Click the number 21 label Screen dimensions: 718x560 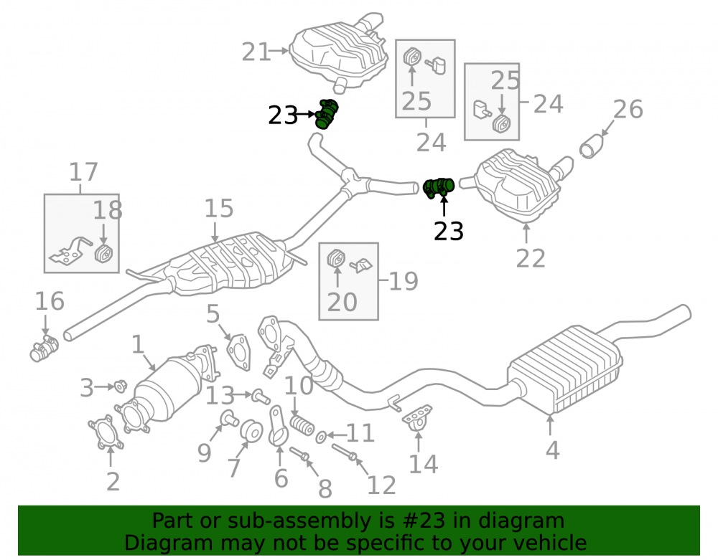[x=256, y=52]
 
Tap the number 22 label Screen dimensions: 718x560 [x=531, y=258]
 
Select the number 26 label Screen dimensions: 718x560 [x=628, y=109]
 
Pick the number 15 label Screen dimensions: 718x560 [x=219, y=209]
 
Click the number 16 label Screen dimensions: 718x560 [x=50, y=301]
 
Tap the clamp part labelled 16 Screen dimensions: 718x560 [x=44, y=348]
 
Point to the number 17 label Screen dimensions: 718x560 [x=83, y=172]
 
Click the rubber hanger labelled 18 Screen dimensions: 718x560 [x=104, y=253]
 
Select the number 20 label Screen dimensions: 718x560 [x=342, y=302]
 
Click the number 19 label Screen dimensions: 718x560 [x=404, y=281]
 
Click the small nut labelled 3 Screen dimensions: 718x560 [x=120, y=386]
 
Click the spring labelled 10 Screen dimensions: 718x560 [x=302, y=424]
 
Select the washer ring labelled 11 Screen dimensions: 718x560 [x=322, y=437]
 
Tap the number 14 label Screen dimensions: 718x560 [x=423, y=464]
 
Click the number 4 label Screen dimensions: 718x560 [x=552, y=450]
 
